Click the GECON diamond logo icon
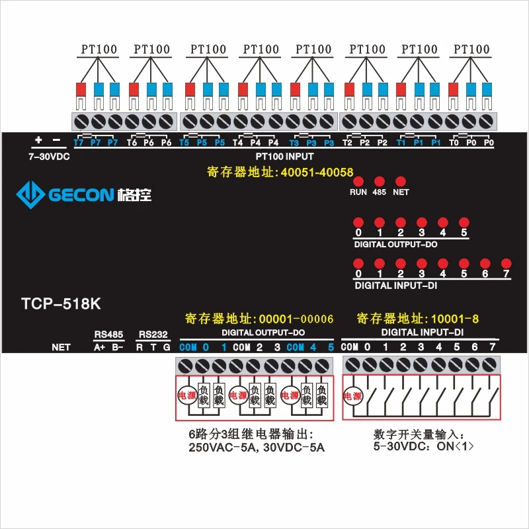point(30,194)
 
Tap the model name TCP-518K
point(61,304)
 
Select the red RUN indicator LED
point(358,181)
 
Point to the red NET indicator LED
point(401,181)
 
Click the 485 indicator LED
point(379,181)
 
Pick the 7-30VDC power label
point(49,157)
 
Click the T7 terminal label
point(79,142)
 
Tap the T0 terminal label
point(454,142)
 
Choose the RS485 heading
point(108,335)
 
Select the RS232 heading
point(153,335)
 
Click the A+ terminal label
point(100,347)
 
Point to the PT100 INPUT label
point(284,157)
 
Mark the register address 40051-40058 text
point(280,172)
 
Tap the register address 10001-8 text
point(418,319)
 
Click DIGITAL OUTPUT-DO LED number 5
point(464,222)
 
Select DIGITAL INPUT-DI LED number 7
point(506,263)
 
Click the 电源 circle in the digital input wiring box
point(352,395)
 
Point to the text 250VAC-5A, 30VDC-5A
point(257,448)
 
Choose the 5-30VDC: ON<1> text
point(423,446)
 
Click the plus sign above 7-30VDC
point(38,140)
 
